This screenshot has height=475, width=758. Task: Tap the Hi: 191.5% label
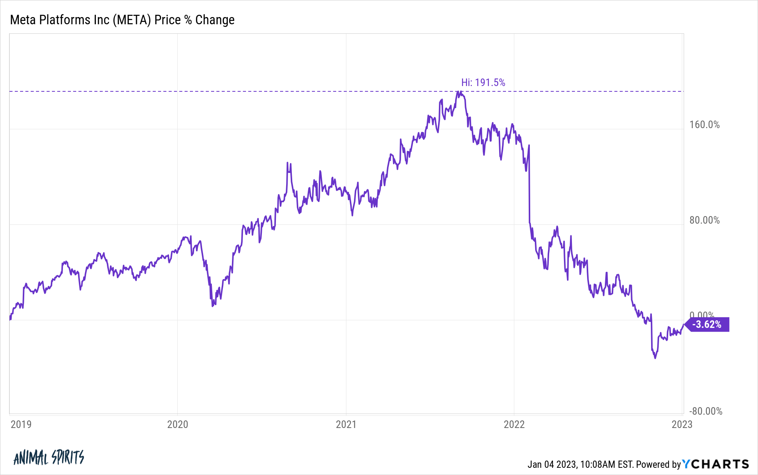[x=483, y=83]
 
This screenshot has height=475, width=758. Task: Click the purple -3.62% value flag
[x=707, y=325]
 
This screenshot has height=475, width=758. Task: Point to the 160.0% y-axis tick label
[x=704, y=125]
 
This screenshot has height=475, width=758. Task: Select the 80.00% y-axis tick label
[x=704, y=220]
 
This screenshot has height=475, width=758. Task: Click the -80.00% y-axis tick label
[x=705, y=411]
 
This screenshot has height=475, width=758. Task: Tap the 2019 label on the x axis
[x=21, y=424]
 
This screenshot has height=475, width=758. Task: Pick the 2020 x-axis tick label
[x=177, y=424]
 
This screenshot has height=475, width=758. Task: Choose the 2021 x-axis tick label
[x=346, y=424]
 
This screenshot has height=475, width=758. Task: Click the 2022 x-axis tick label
[x=514, y=424]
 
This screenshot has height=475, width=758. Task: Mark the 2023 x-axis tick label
[x=682, y=424]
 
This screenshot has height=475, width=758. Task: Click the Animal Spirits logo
[x=49, y=458]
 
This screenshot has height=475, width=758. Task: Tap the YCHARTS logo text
[x=716, y=464]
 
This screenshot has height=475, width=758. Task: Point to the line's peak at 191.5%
[x=459, y=92]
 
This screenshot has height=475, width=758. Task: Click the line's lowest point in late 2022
[x=655, y=358]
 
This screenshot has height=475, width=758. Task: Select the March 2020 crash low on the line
[x=213, y=306]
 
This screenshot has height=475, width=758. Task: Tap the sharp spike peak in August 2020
[x=287, y=163]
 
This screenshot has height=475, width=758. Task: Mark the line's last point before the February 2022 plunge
[x=529, y=146]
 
